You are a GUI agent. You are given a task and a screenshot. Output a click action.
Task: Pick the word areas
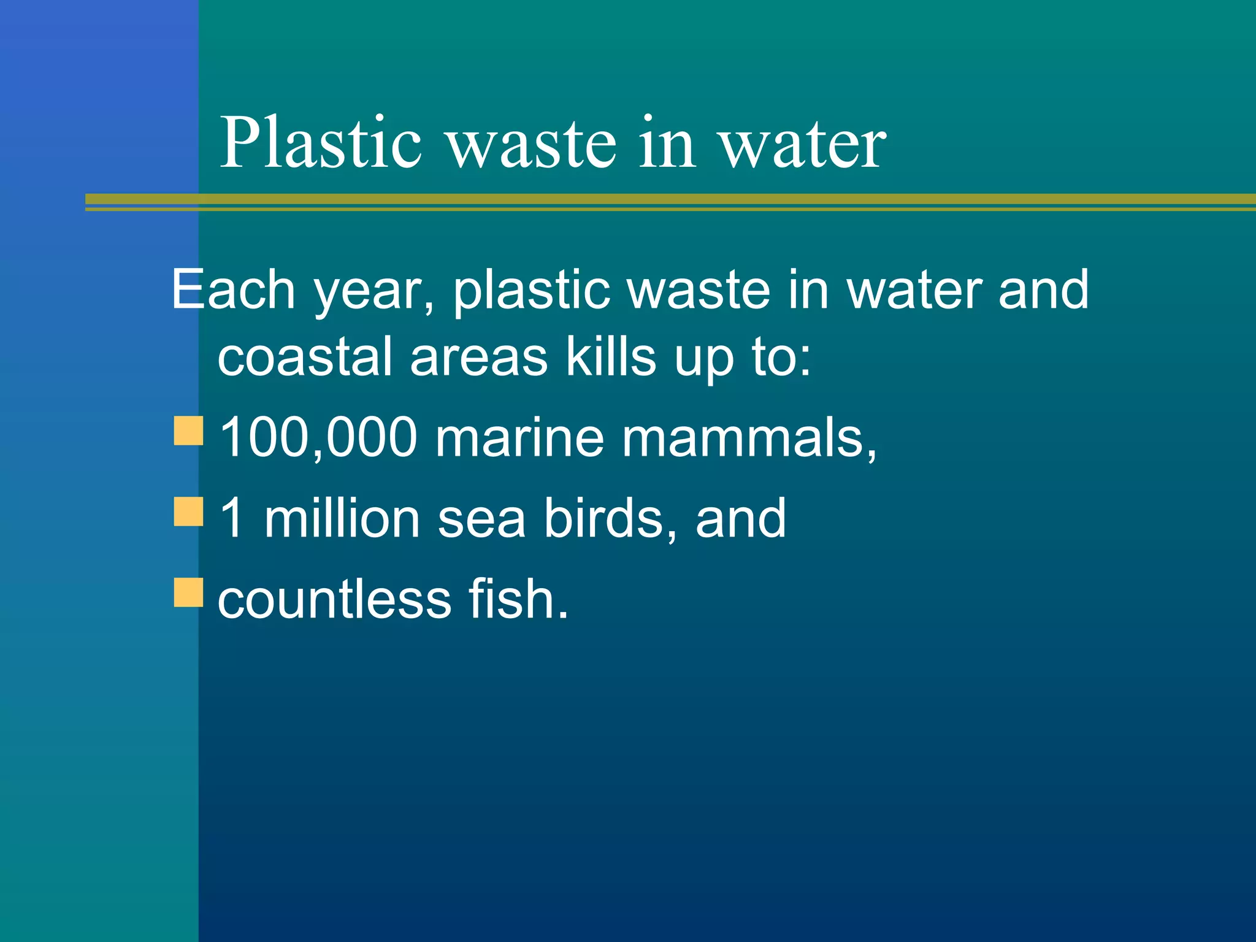coord(478,358)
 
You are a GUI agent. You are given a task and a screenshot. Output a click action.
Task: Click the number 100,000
coord(318,437)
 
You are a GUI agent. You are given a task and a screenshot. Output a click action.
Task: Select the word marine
coord(519,437)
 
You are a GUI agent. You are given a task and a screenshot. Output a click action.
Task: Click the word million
coord(342,518)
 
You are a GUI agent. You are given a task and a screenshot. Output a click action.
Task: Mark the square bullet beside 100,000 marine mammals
coord(188,431)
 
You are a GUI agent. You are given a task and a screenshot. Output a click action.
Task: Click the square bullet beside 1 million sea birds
coord(188,511)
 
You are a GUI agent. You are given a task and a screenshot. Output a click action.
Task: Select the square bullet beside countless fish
coord(188,592)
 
